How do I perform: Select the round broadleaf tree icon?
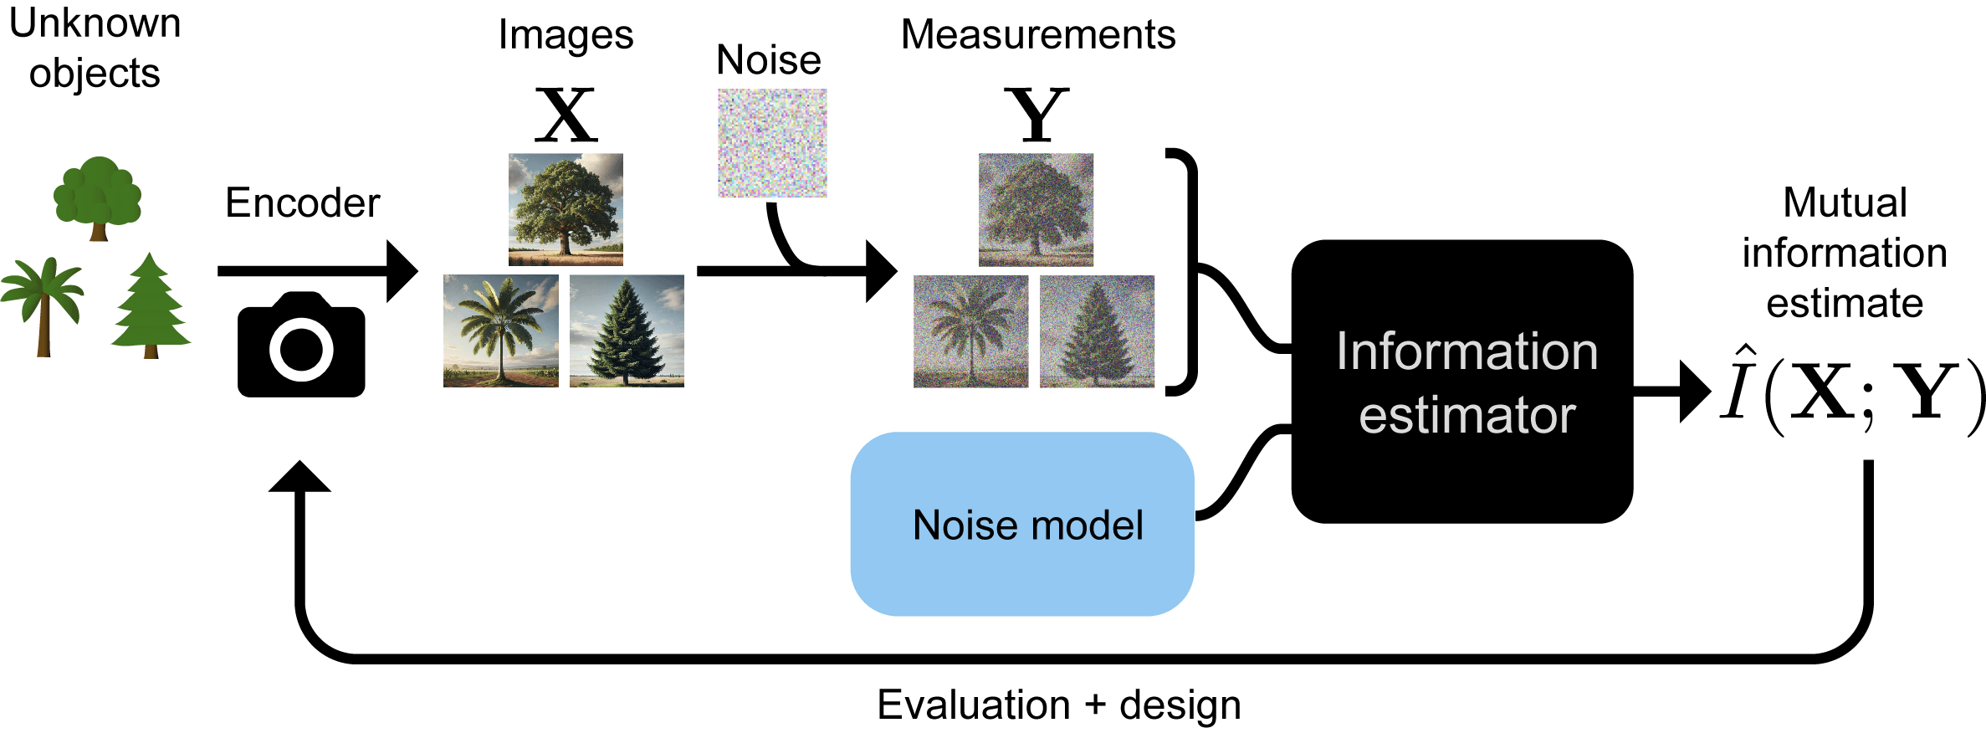(98, 197)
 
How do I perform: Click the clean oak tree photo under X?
(566, 209)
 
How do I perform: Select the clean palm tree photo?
(500, 331)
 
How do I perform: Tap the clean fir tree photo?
(627, 331)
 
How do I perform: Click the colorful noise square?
(772, 143)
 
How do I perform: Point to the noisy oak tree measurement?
(1036, 209)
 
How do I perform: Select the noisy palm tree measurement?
(970, 331)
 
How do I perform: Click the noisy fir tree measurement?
(1097, 331)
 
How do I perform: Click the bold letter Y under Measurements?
(1037, 115)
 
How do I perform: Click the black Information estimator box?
(1461, 382)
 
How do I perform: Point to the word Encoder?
(302, 203)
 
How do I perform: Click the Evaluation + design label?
(1058, 705)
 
